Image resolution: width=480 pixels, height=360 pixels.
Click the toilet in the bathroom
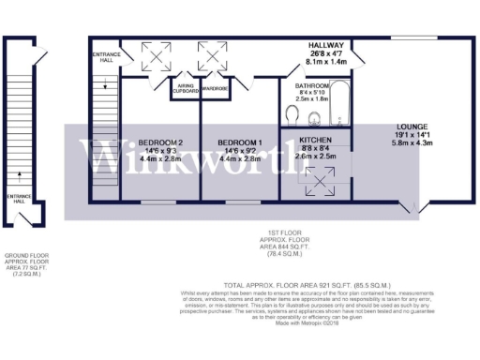(293, 115)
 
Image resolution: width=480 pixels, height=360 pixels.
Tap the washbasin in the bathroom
(316, 116)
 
